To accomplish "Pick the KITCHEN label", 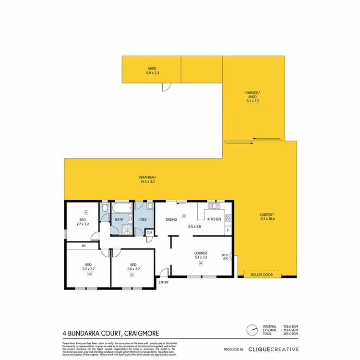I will point(214,219).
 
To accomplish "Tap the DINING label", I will point(171,219).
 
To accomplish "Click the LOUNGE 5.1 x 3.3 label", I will point(201,254).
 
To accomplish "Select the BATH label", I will point(119,219).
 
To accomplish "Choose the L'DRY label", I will point(142,219).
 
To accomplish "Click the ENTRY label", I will point(164,282).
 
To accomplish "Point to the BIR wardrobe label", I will point(84,246).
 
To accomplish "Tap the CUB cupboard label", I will point(149,233).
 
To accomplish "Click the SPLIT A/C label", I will point(225,257).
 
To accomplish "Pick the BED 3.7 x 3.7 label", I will point(89,266).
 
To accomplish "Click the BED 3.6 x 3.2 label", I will point(132,266).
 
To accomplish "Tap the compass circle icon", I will point(252,331).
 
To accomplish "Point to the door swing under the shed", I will point(165,87).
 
